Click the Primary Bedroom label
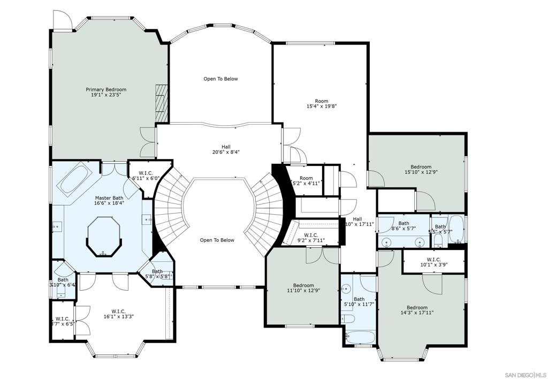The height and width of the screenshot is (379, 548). coord(106,90)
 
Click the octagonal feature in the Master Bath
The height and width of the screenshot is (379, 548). coord(104,236)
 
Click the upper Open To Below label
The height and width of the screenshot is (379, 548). coord(220,79)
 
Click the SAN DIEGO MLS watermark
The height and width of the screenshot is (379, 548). coord(526,373)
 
